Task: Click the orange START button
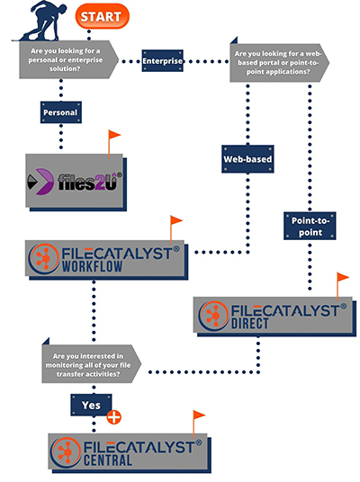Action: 103,16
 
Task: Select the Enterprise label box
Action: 163,61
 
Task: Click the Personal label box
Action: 61,112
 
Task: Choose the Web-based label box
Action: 247,159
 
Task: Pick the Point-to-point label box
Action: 310,226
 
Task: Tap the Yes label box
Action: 92,406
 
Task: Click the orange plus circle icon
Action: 114,417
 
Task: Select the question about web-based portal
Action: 279,63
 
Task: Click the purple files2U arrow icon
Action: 43,182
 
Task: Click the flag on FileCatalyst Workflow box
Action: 175,229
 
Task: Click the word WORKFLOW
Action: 93,266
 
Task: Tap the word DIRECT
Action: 250,324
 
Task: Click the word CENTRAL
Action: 108,460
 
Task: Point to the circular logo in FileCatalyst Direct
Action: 213,316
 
